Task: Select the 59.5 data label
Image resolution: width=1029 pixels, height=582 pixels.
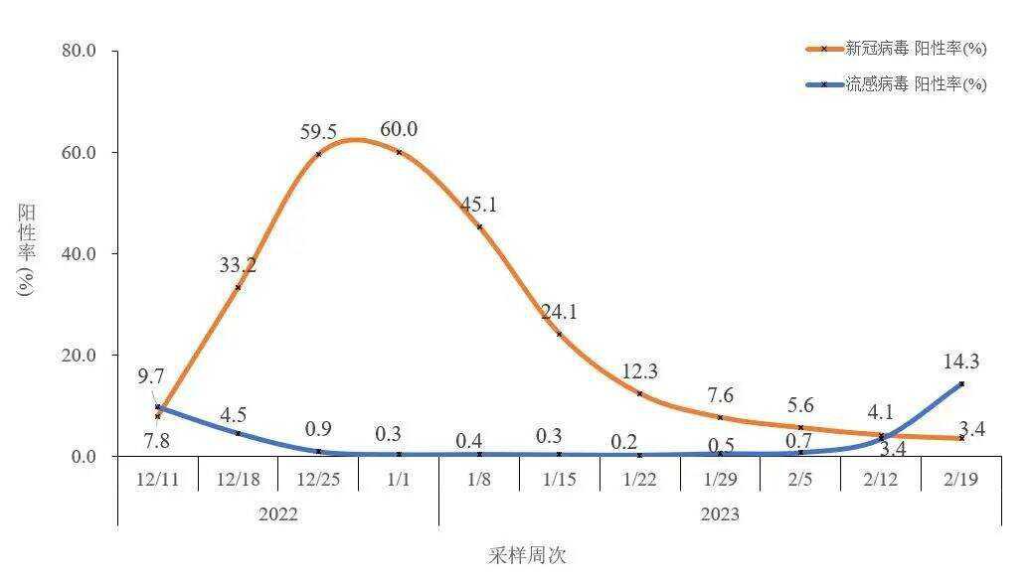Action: (x=319, y=132)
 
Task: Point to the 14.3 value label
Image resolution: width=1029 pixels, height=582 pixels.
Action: (x=961, y=362)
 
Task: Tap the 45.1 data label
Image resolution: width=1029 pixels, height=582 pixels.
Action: (x=479, y=206)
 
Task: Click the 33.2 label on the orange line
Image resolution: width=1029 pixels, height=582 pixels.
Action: (x=238, y=265)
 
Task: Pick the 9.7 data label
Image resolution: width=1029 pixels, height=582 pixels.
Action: (x=151, y=377)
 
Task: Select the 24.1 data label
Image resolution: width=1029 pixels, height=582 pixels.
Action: (x=559, y=312)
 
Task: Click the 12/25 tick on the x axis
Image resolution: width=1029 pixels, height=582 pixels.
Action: (x=318, y=478)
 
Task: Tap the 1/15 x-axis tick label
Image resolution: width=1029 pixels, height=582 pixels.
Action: (x=559, y=478)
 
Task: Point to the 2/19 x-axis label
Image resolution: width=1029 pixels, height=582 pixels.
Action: (x=960, y=478)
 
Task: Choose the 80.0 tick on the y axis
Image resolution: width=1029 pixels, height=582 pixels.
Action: (x=79, y=51)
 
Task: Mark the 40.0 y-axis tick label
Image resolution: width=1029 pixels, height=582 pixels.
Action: (x=79, y=253)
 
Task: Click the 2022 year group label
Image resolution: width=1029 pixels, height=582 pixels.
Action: (x=277, y=514)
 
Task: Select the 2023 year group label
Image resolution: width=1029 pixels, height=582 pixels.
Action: (x=720, y=514)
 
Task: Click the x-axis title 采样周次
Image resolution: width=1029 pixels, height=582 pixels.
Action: (x=527, y=555)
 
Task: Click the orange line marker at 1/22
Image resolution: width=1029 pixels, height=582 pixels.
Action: (x=639, y=394)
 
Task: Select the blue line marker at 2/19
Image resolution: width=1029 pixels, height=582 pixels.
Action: (x=961, y=383)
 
